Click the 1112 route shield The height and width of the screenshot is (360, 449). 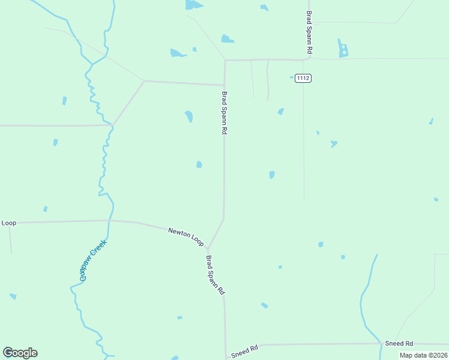pos(303,78)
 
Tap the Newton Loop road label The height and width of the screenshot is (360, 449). pos(185,235)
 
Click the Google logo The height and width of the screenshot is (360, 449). pos(20,353)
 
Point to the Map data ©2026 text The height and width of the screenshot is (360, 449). pos(423,355)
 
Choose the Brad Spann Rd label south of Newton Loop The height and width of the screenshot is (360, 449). pos(215,275)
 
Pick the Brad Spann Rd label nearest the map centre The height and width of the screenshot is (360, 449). pos(224,113)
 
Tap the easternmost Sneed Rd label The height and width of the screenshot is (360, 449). pos(399,343)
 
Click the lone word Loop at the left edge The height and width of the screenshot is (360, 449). pos(8,223)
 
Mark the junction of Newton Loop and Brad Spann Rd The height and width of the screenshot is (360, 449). pos(207,247)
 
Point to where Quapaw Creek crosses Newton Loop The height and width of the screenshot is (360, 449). pos(109,221)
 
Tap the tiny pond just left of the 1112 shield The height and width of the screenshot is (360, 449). pos(292,77)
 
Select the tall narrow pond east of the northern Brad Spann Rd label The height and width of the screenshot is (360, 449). pos(342,49)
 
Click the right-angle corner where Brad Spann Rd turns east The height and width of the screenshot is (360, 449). pos(225,61)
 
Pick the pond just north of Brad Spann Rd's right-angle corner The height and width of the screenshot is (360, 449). pos(227,39)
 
